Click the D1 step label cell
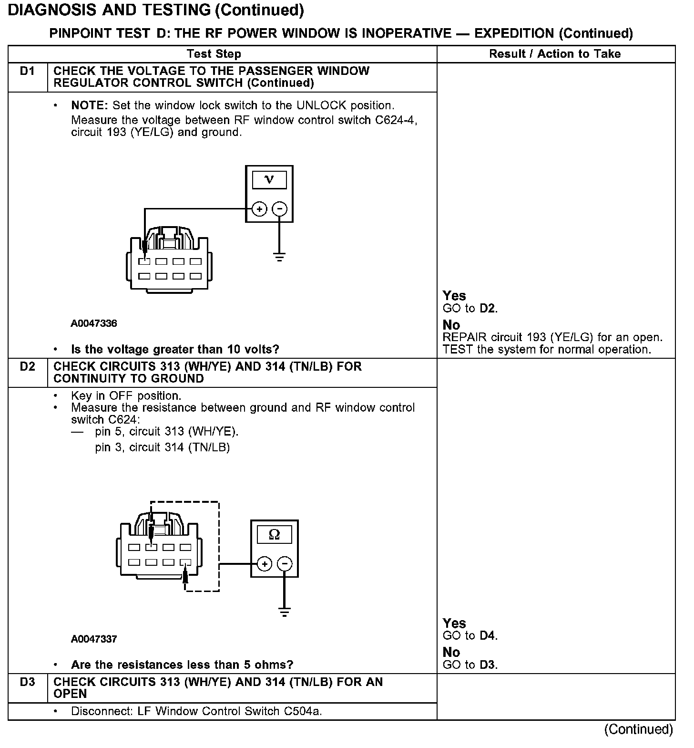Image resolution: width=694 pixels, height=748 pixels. [28, 72]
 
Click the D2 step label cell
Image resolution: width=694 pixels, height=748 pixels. [28, 367]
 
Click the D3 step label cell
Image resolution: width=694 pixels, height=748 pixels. [28, 682]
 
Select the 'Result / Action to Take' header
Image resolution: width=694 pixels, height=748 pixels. [555, 54]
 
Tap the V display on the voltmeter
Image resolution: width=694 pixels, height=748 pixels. [269, 180]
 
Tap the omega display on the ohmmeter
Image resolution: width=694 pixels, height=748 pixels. [275, 534]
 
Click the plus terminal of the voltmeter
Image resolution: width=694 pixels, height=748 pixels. [259, 209]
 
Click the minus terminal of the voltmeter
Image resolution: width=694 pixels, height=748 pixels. [279, 209]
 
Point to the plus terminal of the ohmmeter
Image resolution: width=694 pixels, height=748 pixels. [265, 564]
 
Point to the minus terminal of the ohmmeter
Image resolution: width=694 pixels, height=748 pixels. [285, 564]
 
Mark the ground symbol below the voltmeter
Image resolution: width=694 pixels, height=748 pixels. [279, 257]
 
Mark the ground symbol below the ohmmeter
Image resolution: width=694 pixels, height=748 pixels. [285, 612]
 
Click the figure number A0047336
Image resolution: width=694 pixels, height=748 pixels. [94, 323]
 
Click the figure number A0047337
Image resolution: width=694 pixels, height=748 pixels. [94, 639]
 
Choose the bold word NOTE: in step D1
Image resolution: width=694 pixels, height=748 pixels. [90, 105]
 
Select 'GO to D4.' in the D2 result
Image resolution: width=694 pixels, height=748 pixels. [470, 635]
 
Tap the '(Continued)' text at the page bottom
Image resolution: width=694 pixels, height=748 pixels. [638, 729]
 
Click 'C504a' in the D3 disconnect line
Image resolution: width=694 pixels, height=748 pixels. [303, 711]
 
